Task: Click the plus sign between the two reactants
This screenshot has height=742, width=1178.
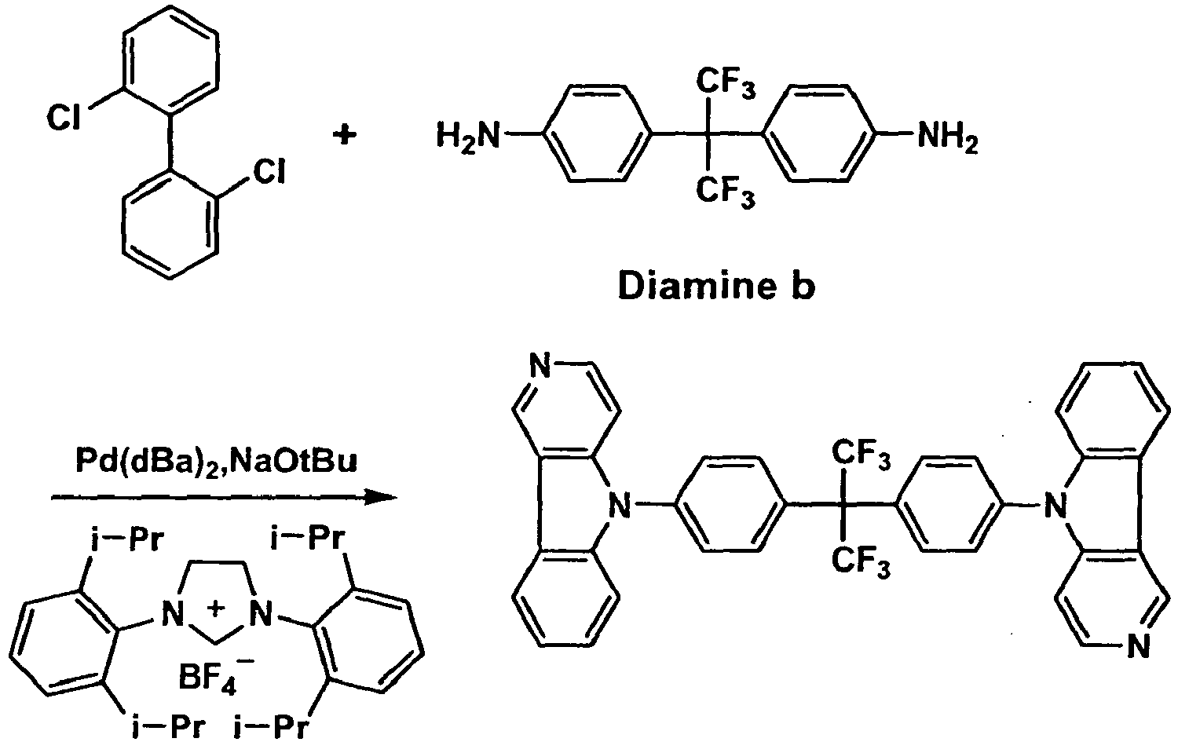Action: pyautogui.click(x=343, y=136)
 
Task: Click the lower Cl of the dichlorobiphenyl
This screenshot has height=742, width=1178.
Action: pyautogui.click(x=266, y=173)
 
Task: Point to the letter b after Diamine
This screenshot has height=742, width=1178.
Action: pyautogui.click(x=802, y=287)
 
